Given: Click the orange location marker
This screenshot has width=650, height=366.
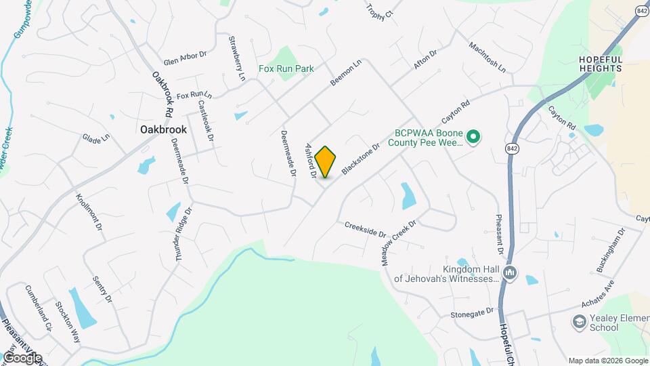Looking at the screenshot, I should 326,161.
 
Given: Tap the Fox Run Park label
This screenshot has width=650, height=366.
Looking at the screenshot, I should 286,68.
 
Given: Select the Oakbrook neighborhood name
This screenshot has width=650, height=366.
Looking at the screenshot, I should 163,129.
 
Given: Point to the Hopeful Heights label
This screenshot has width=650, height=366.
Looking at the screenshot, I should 600,64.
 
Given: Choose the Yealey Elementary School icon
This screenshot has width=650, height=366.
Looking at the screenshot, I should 580,321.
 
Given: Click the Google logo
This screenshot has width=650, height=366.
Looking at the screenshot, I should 22,357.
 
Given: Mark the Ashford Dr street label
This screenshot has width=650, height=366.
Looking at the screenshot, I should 311,160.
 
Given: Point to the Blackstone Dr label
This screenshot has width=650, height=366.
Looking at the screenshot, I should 361,158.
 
